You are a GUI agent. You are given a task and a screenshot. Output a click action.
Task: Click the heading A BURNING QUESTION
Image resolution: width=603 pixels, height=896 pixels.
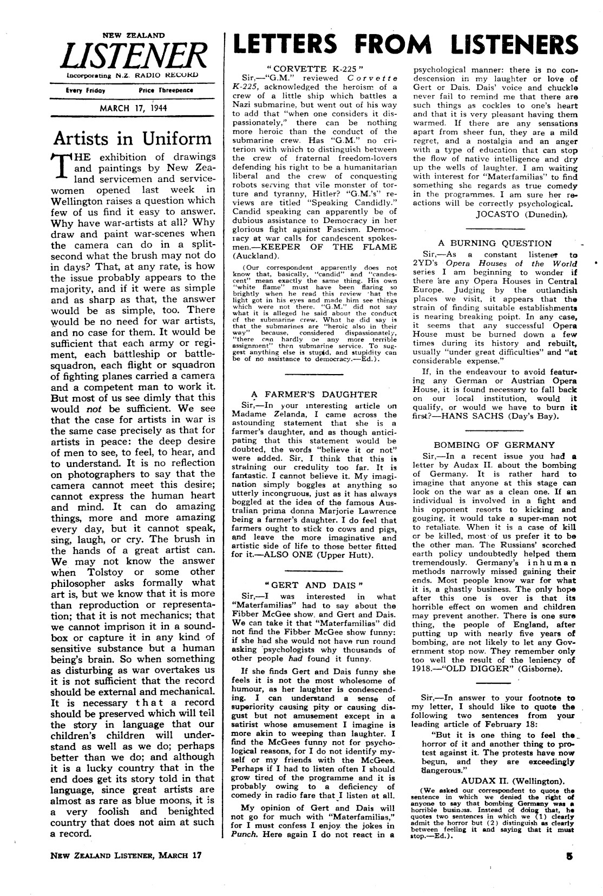coord(495,243)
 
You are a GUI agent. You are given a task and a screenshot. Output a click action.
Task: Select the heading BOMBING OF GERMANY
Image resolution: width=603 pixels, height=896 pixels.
coord(494,444)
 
